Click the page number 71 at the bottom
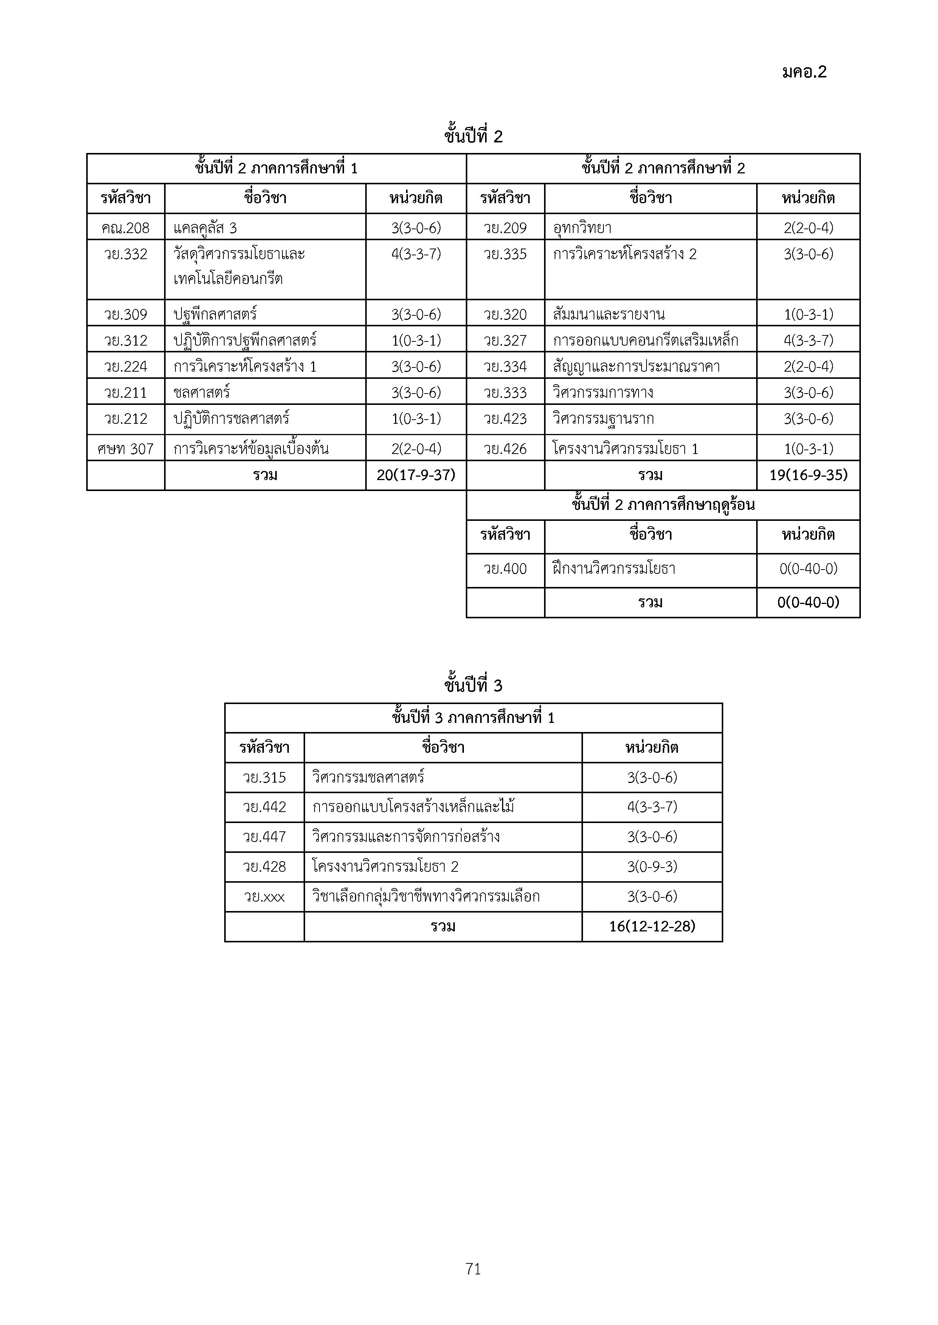coord(473,1268)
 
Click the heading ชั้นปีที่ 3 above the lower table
coord(473,686)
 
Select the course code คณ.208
coord(126,228)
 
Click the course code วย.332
coord(126,254)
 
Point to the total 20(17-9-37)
coord(416,475)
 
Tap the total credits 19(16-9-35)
coord(808,475)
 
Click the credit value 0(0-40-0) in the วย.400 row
coord(808,569)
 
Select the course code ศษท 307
coord(126,449)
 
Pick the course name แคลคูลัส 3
coord(205,228)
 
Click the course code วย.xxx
coord(264,897)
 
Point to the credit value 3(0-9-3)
coord(652,867)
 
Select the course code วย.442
coord(264,807)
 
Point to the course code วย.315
coord(264,777)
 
